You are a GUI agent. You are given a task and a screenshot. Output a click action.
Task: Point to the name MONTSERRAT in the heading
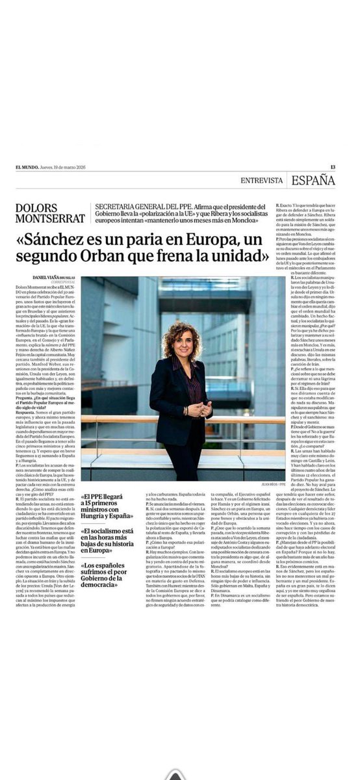(x=50, y=218)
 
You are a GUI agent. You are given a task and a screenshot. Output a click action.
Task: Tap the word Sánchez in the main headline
(x=67, y=239)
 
